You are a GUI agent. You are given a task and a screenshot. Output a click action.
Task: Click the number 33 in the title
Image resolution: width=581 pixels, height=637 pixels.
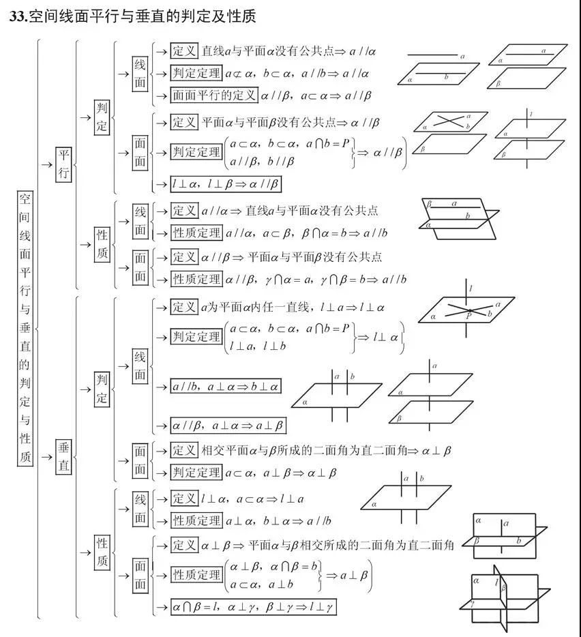(18, 16)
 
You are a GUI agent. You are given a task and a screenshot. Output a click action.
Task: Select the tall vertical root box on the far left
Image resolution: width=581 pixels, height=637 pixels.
(25, 327)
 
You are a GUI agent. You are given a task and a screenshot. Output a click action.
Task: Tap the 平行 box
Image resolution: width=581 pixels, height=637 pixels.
(63, 164)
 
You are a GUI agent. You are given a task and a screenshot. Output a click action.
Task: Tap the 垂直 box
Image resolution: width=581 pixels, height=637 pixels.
(63, 457)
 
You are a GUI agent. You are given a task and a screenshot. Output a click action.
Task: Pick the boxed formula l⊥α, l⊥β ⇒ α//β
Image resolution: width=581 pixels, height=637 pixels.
(226, 184)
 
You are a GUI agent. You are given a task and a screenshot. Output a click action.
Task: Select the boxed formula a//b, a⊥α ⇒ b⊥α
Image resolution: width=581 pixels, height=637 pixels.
(226, 386)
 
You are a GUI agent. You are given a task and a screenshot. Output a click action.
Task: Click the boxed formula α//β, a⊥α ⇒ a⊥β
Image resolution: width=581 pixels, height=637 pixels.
(228, 426)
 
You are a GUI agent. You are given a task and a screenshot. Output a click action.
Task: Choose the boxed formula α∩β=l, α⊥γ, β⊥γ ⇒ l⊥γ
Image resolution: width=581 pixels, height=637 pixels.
(253, 607)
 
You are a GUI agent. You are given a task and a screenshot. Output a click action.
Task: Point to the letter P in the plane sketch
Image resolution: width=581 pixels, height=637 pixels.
(469, 316)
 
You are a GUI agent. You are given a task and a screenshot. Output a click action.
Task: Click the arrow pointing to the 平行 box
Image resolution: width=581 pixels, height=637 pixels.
(47, 164)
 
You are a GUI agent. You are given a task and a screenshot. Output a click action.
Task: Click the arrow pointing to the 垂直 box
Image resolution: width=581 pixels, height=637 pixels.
(47, 457)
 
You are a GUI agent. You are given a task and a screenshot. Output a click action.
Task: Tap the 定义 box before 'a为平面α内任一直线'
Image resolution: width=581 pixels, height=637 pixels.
(184, 307)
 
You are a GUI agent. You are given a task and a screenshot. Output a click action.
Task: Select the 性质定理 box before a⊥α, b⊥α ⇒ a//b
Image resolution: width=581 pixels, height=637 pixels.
(196, 520)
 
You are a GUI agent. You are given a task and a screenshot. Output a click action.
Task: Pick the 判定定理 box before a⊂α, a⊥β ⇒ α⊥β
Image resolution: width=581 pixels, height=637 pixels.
(196, 473)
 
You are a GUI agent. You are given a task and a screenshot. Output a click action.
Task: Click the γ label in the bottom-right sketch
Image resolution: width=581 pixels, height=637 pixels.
(472, 604)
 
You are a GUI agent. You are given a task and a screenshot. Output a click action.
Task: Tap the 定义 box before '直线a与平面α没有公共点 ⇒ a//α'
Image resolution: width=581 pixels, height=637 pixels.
(184, 50)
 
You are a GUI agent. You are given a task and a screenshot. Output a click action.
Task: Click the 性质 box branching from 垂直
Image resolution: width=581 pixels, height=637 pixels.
(102, 552)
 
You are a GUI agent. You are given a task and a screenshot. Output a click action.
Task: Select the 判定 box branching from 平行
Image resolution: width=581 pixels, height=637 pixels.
(102, 117)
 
